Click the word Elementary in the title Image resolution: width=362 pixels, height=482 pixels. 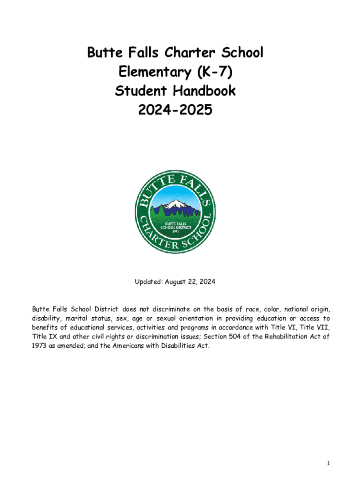145,72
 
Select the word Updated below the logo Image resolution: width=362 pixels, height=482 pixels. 148,282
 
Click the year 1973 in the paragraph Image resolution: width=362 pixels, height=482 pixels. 40,346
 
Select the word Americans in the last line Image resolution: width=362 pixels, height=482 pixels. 139,346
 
